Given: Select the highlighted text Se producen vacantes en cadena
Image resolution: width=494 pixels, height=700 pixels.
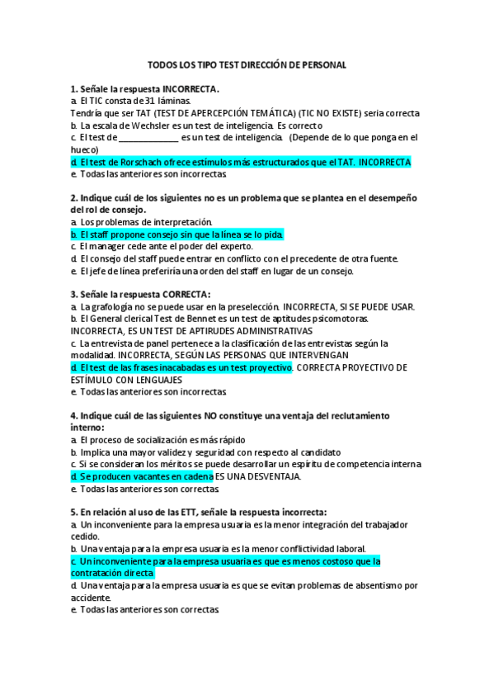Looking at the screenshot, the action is (142, 476).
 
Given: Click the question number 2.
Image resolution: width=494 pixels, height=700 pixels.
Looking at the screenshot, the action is (73, 198).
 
